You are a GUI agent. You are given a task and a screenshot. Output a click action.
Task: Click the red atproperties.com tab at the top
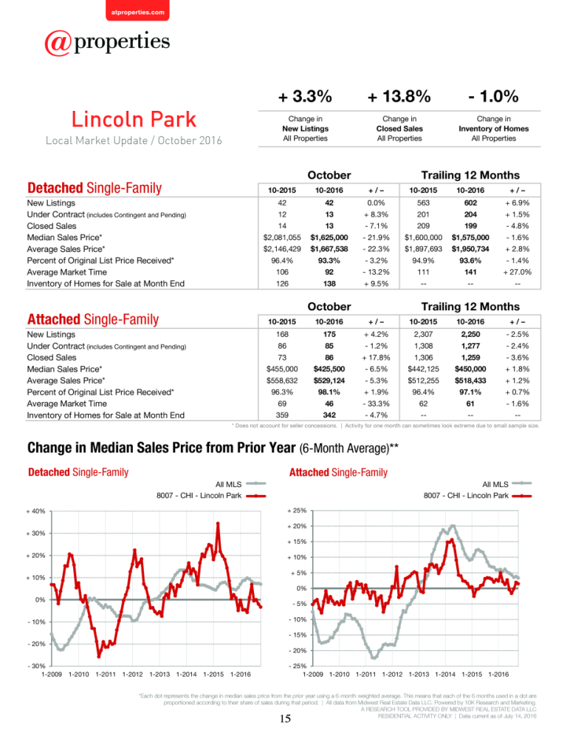[x=137, y=10]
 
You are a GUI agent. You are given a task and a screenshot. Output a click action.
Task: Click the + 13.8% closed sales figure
[x=399, y=97]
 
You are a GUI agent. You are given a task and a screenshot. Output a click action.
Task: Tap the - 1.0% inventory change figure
[x=493, y=97]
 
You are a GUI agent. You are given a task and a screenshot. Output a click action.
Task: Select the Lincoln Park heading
[x=134, y=119]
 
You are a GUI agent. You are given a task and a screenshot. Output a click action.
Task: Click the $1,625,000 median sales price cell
[x=329, y=237]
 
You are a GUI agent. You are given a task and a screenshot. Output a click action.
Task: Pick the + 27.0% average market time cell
[x=518, y=272]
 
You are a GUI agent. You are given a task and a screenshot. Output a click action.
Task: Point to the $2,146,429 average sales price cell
[x=282, y=249]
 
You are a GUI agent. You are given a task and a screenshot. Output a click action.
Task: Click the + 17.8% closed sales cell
[x=376, y=357]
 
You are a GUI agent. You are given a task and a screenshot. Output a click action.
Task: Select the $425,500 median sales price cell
[x=329, y=369]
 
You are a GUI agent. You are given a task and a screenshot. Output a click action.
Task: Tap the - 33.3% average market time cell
[x=376, y=403]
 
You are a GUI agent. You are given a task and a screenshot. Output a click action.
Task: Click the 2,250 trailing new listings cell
[x=470, y=334]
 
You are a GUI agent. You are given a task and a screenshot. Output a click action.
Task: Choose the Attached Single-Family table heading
[x=93, y=319]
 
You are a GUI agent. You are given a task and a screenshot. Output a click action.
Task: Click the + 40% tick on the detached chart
[x=35, y=511]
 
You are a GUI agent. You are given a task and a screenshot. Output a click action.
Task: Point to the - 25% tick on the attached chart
[x=298, y=666]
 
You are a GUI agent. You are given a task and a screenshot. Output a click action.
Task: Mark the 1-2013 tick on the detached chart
[x=159, y=675]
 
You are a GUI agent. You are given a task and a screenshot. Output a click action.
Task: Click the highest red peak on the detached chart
[x=218, y=523]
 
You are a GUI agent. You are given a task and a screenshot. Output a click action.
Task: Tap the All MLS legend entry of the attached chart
[x=507, y=484]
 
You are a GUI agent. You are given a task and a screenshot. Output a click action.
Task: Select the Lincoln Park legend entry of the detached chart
[x=211, y=496]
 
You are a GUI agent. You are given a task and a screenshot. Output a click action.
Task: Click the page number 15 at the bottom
[x=285, y=719]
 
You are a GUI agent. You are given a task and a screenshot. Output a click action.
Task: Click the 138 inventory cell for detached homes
[x=329, y=284]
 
